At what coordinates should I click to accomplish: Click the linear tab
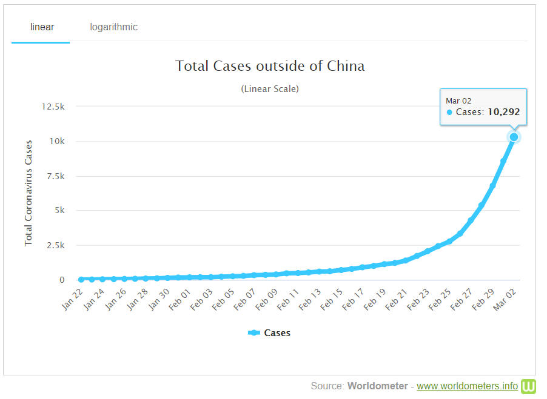click(x=42, y=27)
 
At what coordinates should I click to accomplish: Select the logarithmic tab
click(x=114, y=27)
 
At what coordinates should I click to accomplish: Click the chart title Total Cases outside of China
click(x=270, y=66)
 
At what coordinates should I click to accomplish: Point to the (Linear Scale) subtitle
click(x=270, y=89)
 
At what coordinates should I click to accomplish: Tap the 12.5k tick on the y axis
click(x=53, y=107)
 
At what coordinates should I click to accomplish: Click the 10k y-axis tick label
click(x=57, y=141)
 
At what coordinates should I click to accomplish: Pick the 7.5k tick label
click(x=56, y=176)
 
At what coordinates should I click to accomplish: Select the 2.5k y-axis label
click(x=56, y=245)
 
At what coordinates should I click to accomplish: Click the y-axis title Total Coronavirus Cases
click(x=29, y=193)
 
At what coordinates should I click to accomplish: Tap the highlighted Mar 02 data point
click(x=514, y=137)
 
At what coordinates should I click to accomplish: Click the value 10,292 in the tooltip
click(x=504, y=112)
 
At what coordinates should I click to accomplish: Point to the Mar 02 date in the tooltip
click(x=458, y=101)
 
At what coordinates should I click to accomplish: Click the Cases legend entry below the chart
click(x=269, y=333)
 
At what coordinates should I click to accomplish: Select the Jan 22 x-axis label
click(x=72, y=299)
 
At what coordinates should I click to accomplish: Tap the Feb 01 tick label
click(x=180, y=299)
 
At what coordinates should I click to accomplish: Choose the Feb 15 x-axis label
click(x=331, y=299)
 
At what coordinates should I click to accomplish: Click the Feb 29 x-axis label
click(x=483, y=299)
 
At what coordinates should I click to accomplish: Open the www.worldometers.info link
click(x=467, y=386)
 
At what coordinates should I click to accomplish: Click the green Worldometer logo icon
click(x=528, y=386)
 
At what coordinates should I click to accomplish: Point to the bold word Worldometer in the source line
click(x=378, y=386)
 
